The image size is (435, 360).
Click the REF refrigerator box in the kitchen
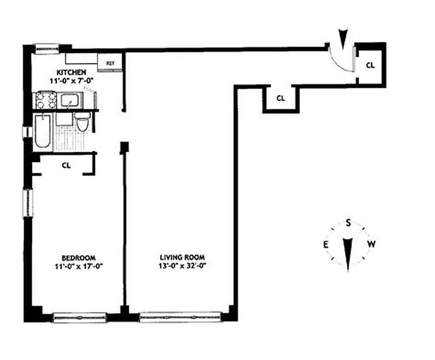pos(110,63)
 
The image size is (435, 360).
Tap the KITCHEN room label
pos(72,72)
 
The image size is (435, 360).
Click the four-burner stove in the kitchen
pos(45,99)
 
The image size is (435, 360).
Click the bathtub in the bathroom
pos(43,131)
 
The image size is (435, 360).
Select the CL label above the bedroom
pos(66,165)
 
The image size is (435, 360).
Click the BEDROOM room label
pos(78,258)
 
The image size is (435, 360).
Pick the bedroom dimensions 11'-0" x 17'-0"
pos(78,265)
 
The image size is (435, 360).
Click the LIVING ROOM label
pos(182,258)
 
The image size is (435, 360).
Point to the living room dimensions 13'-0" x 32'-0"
pos(182,265)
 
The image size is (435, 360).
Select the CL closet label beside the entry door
pos(370,65)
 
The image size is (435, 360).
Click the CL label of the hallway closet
pos(280,98)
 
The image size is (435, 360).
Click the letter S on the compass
pos(348,222)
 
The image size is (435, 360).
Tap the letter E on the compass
pos(324,244)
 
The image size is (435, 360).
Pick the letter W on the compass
pos(371,244)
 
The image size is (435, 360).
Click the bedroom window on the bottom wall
pos(80,317)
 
